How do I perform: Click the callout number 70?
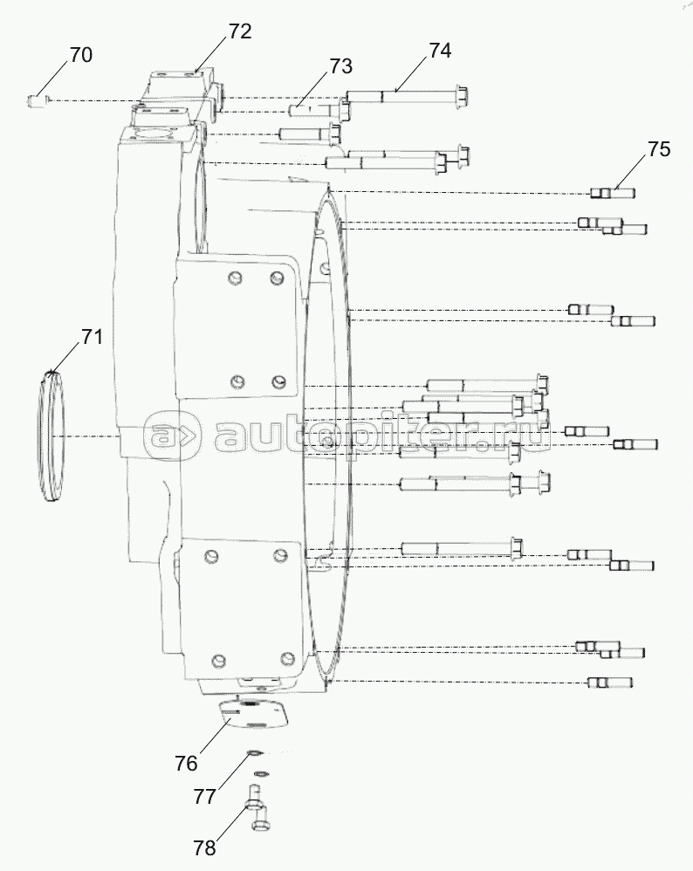point(79,55)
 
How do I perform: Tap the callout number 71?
point(92,338)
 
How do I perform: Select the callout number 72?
point(240,31)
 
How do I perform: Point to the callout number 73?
point(340,66)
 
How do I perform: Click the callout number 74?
point(440,51)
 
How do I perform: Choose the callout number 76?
point(187,763)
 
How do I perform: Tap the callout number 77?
point(204,796)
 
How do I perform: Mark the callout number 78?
point(205,847)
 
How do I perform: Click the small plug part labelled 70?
point(36,100)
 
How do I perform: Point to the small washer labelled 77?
point(253,754)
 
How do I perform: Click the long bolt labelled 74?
point(406,95)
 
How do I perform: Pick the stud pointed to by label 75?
point(612,193)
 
